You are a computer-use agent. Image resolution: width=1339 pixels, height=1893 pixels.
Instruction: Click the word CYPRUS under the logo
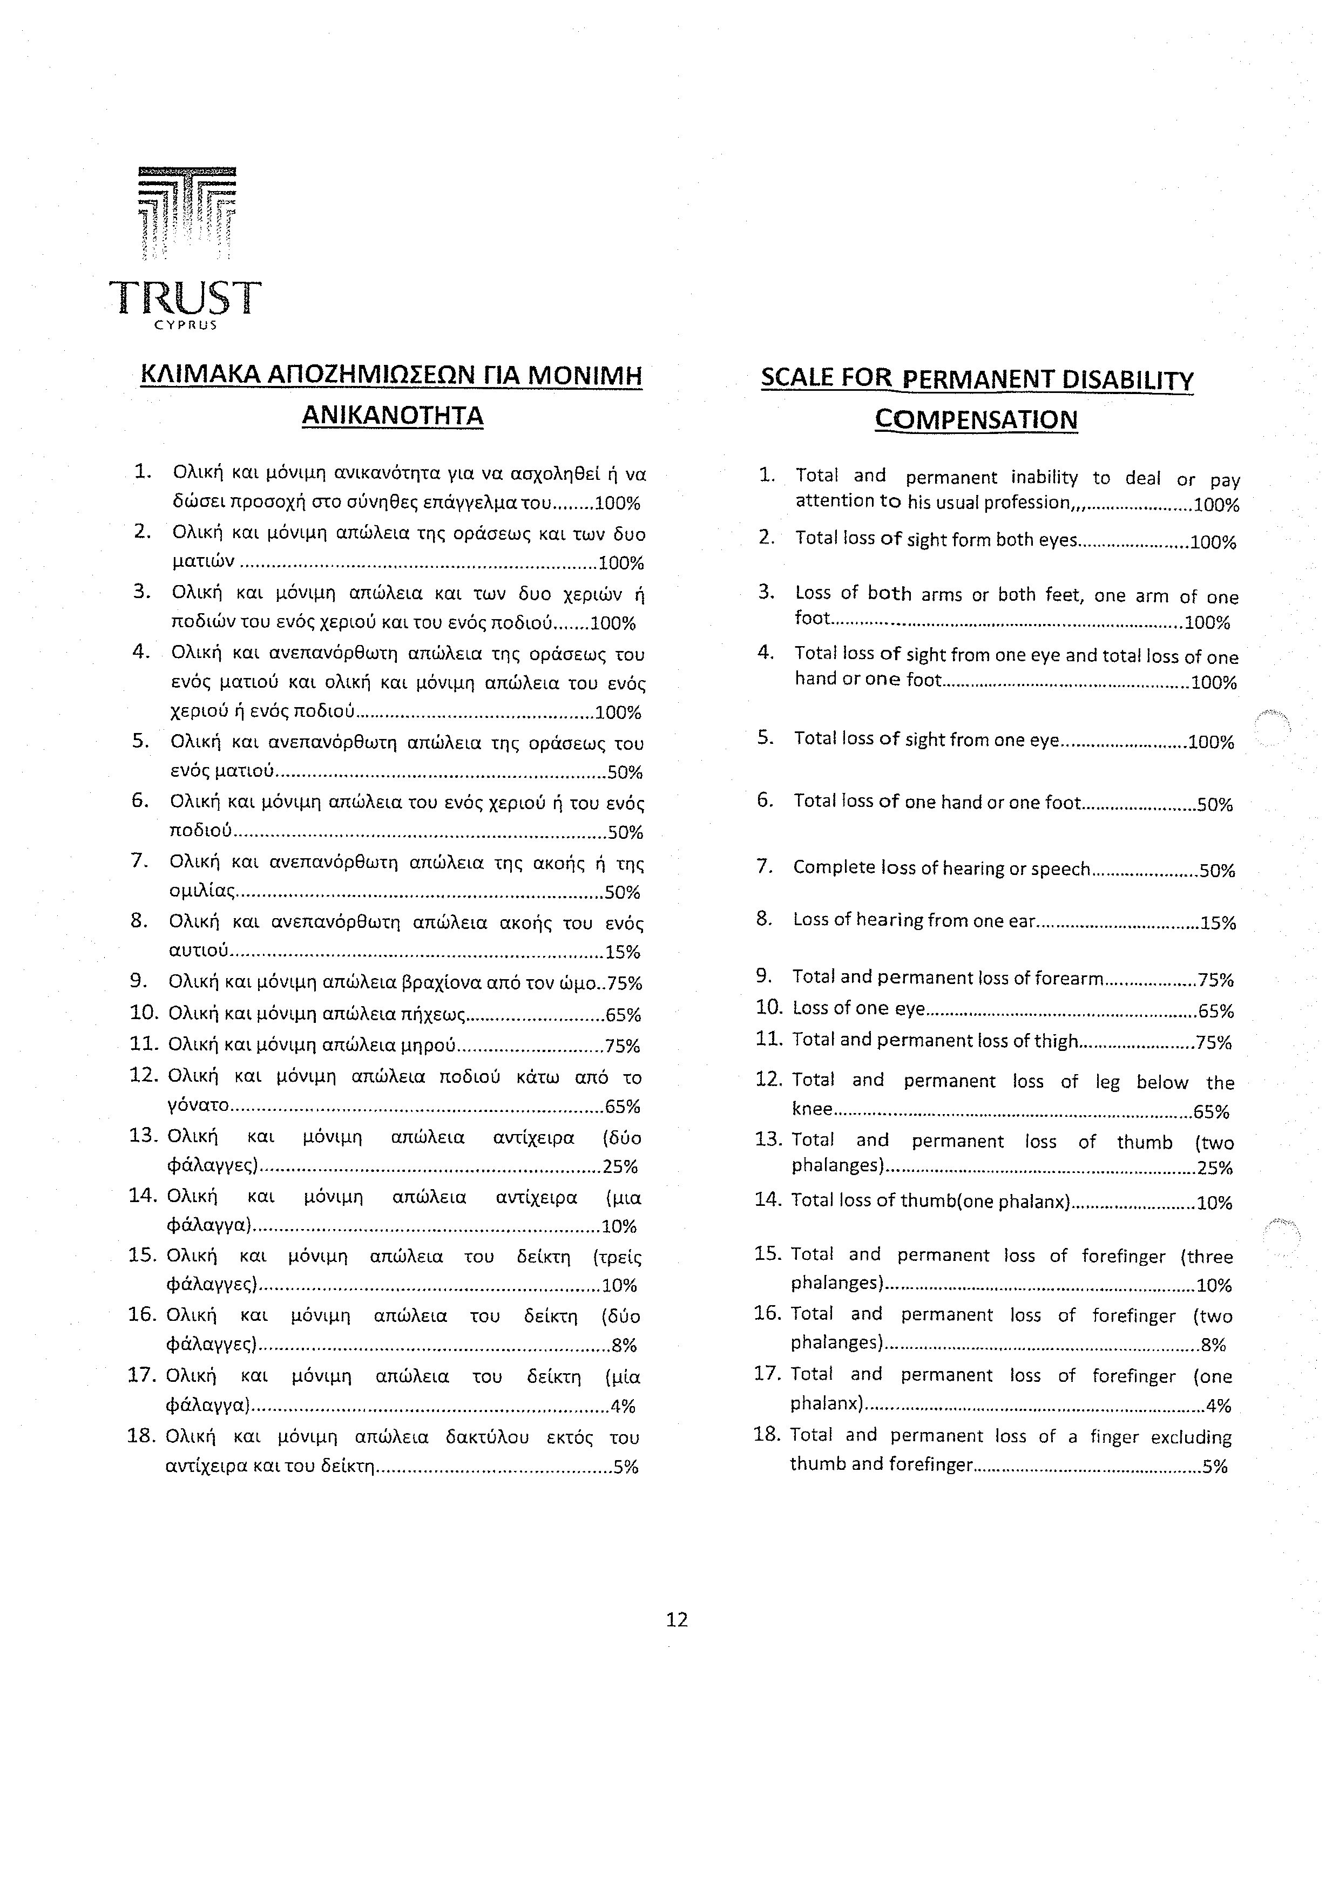[x=186, y=325]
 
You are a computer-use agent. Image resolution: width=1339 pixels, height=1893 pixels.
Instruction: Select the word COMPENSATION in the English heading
[x=976, y=419]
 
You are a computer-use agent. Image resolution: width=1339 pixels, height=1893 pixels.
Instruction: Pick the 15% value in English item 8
[x=1218, y=924]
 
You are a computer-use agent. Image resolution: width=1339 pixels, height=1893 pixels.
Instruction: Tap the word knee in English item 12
[x=812, y=1110]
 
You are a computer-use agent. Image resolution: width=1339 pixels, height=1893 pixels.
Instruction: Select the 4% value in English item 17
[x=1218, y=1406]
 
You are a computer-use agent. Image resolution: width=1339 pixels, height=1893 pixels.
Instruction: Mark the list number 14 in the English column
[x=768, y=1199]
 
